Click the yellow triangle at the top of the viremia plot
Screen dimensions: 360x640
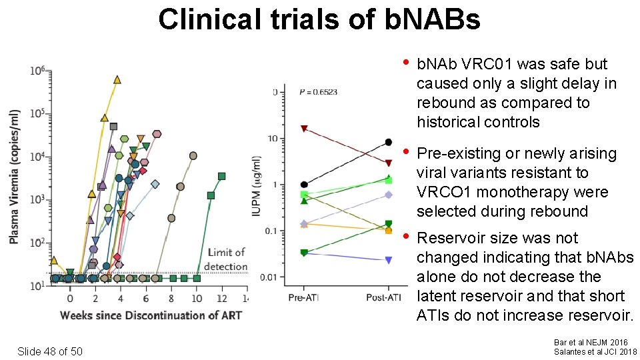(117, 79)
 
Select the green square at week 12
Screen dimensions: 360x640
(221, 176)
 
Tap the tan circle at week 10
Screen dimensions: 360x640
(193, 155)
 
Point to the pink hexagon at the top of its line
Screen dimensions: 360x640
(157, 134)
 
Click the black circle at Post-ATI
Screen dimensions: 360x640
(389, 142)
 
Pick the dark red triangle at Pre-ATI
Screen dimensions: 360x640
(304, 129)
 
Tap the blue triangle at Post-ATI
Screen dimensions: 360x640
(389, 260)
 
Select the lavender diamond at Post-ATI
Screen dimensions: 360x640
(389, 195)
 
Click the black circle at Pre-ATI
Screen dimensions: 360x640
(304, 185)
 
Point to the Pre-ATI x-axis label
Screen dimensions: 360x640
(304, 296)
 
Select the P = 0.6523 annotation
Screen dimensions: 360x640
(319, 92)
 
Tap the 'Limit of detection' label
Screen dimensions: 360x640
(226, 259)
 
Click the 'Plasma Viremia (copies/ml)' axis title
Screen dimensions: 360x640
(15, 176)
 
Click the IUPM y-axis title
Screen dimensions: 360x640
(259, 186)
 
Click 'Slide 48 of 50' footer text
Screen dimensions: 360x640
(50, 351)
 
